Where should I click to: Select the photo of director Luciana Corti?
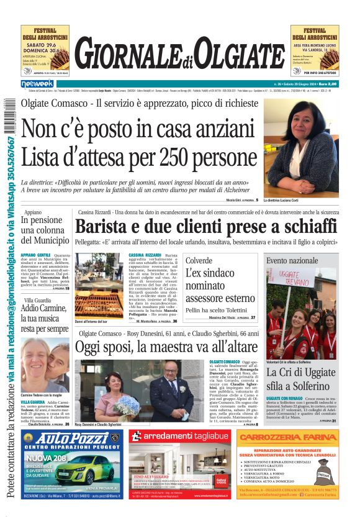302,147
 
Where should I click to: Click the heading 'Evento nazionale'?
292,261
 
